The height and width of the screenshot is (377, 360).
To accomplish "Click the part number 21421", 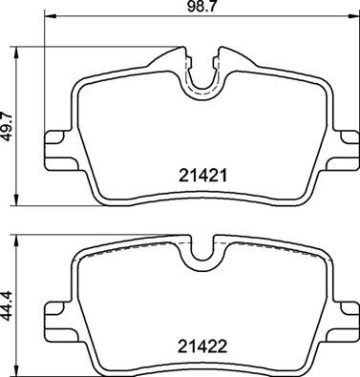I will (202, 175).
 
